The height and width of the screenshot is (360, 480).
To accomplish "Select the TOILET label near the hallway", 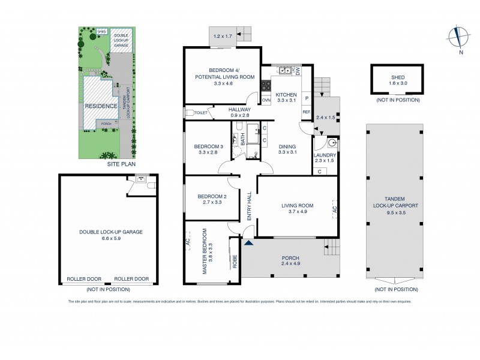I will (201, 112).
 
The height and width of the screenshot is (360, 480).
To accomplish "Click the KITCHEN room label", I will (286, 95).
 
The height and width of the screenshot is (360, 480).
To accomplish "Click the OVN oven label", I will (265, 100).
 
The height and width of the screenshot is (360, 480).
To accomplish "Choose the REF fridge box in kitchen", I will (306, 112).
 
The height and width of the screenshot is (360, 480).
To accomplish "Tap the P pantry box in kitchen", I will (306, 98).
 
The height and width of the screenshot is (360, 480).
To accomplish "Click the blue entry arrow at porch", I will (248, 242).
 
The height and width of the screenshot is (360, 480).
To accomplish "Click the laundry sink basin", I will (333, 144).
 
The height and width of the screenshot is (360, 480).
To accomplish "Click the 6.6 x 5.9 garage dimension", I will (109, 238).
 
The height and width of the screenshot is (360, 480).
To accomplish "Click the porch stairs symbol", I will (331, 245).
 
